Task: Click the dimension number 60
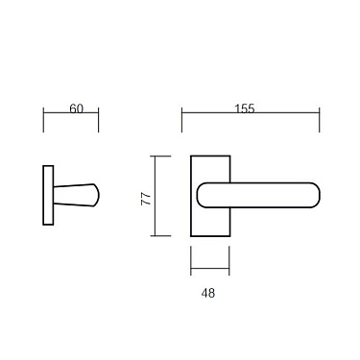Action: click(77, 108)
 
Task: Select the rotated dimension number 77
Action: click(145, 200)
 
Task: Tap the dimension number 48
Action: click(209, 292)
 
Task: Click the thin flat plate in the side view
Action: click(47, 196)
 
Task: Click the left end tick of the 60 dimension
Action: click(44, 121)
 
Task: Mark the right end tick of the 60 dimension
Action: click(99, 121)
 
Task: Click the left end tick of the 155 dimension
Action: click(181, 121)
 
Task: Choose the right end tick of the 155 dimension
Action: click(320, 121)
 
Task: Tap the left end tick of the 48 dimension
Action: click(190, 259)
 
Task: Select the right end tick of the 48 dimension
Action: click(229, 259)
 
